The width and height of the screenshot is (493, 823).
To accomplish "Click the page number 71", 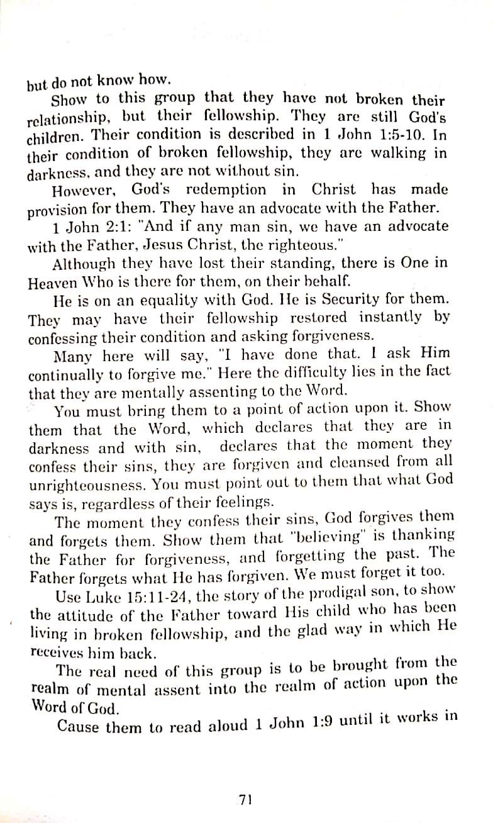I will click(245, 800).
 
